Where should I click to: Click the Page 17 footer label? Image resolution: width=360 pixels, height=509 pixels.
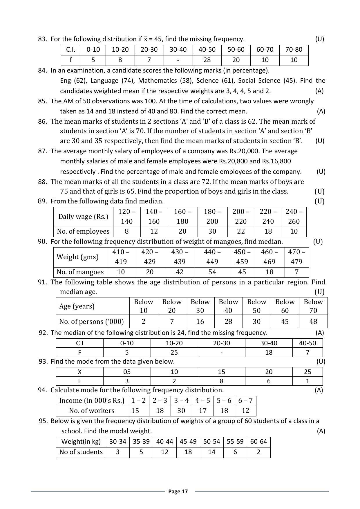point(178,491)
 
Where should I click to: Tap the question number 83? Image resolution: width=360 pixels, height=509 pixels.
point(42,39)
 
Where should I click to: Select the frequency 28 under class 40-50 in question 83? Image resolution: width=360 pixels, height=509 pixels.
point(207,60)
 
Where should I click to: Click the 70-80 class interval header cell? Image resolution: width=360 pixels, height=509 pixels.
point(294,50)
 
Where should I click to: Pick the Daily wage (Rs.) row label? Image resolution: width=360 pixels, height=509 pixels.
point(83,216)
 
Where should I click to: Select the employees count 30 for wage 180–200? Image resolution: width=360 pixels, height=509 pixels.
point(212,231)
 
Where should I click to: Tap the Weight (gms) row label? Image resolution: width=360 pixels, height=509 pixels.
point(77,257)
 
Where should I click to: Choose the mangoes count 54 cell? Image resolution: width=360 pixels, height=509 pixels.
point(212,272)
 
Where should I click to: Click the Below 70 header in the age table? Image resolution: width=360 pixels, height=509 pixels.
point(313,306)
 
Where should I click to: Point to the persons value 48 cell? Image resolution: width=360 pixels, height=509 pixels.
point(313,322)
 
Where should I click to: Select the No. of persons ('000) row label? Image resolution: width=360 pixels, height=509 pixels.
point(91,322)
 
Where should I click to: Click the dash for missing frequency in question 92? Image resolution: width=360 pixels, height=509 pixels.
point(221,352)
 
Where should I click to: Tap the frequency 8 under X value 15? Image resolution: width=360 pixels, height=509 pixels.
point(221,381)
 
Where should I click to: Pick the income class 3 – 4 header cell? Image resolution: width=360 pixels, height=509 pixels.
point(181,400)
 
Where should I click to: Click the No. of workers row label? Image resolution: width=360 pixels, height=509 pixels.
point(92,411)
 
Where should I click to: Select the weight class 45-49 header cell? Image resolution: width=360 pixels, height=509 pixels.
point(188,442)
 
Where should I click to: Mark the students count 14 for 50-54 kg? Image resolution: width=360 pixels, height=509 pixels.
point(211,452)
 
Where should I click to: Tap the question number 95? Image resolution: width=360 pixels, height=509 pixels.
point(43,421)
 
